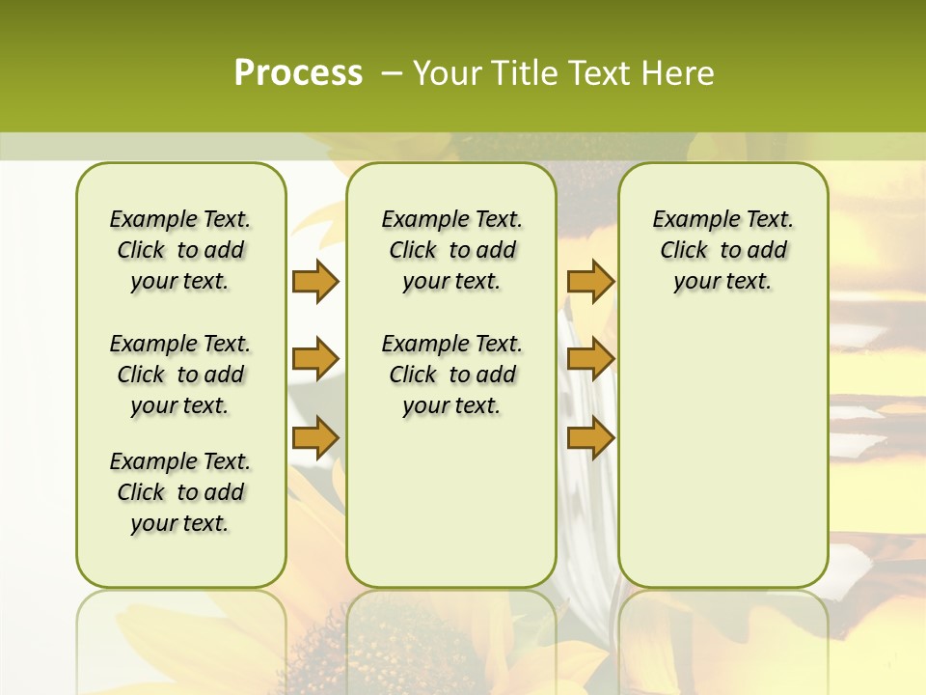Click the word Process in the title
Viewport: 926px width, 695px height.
point(298,72)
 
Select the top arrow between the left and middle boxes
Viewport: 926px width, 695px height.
point(315,281)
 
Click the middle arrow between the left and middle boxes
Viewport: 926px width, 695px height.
point(315,359)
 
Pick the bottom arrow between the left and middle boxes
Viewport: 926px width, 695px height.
point(315,437)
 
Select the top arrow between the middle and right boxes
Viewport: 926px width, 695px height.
point(590,281)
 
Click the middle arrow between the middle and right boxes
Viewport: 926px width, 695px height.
point(590,359)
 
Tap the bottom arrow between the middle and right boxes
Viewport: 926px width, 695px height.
point(590,437)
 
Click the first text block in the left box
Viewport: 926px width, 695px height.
point(180,250)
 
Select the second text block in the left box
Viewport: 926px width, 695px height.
point(180,375)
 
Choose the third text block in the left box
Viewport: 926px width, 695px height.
point(180,492)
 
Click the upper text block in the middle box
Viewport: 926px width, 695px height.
point(451,250)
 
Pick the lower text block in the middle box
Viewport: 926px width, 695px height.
point(451,375)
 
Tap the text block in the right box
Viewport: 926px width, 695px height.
point(722,250)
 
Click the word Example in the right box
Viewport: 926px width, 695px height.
point(689,219)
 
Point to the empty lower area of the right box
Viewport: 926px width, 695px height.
point(722,454)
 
